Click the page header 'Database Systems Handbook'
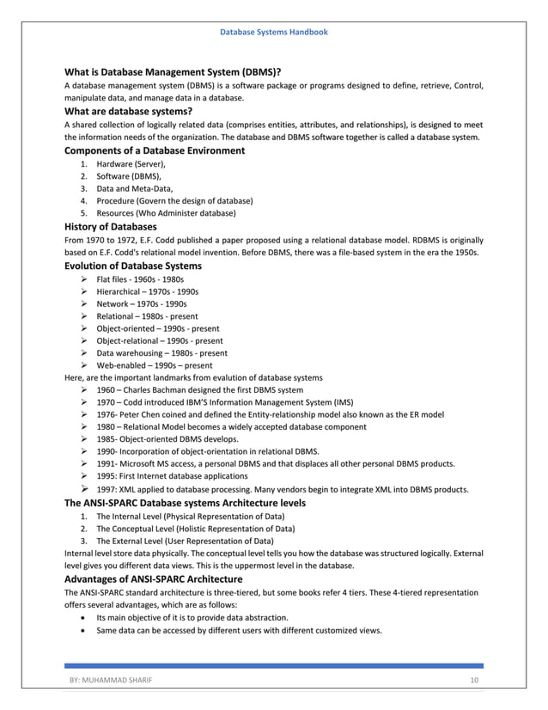[x=274, y=32]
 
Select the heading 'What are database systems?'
[x=128, y=111]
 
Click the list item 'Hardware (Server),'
[x=131, y=163]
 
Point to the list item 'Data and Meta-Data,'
[x=135, y=187]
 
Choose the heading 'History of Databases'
[x=111, y=227]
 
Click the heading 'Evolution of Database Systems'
[x=133, y=266]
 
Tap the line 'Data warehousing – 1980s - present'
[x=161, y=352]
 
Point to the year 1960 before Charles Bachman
[x=107, y=389]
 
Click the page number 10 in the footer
[x=473, y=681]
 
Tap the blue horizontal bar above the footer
[x=274, y=665]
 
